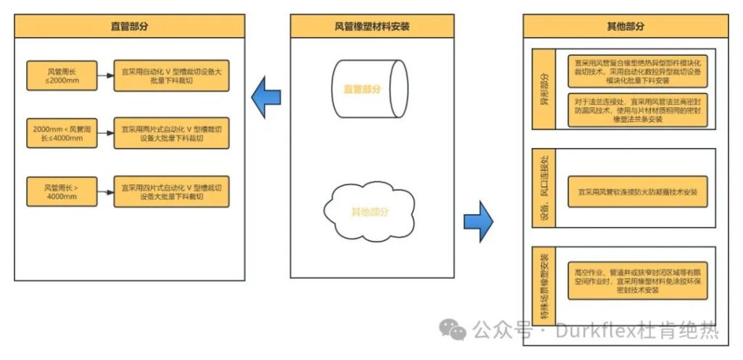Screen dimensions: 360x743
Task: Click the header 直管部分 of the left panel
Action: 130,25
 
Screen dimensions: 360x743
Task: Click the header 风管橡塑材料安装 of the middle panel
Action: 371,26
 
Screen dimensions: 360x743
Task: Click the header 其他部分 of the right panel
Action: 625,26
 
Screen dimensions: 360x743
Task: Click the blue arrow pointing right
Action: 478,218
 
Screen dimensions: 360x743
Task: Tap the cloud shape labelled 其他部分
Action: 370,211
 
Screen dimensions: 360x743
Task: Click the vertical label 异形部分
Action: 544,89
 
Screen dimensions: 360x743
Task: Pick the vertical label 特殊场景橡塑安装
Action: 544,286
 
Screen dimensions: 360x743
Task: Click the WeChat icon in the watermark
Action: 456,331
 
